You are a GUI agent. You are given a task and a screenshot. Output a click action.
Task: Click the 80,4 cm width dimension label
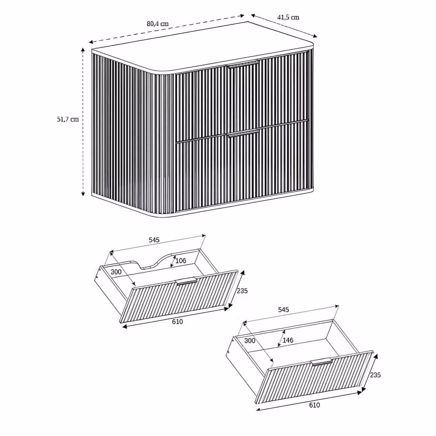pyautogui.click(x=158, y=24)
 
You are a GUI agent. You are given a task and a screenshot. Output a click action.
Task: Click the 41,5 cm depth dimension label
pyautogui.click(x=288, y=17)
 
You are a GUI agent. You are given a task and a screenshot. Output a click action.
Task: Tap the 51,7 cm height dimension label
pyautogui.click(x=68, y=119)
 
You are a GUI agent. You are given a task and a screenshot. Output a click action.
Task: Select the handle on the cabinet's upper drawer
pyautogui.click(x=243, y=64)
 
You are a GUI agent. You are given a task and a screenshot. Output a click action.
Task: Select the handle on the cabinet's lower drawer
pyautogui.click(x=243, y=133)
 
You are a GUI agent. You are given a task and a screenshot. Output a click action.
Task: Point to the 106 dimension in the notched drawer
pyautogui.click(x=181, y=261)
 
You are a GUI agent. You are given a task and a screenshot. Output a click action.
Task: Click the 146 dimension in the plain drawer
pyautogui.click(x=288, y=340)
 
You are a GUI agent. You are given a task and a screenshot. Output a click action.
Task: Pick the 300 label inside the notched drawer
pyautogui.click(x=116, y=272)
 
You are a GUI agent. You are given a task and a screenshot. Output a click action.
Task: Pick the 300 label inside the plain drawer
pyautogui.click(x=250, y=341)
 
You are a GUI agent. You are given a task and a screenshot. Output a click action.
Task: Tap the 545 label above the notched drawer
pyautogui.click(x=154, y=240)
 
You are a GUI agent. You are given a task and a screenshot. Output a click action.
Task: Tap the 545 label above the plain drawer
pyautogui.click(x=283, y=309)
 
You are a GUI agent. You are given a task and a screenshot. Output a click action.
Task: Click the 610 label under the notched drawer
pyautogui.click(x=177, y=322)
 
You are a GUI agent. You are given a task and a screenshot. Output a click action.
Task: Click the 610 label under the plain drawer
pyautogui.click(x=314, y=405)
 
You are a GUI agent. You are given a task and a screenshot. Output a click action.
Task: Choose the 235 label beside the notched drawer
pyautogui.click(x=242, y=291)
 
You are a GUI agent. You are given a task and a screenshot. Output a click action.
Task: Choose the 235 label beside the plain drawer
pyautogui.click(x=375, y=375)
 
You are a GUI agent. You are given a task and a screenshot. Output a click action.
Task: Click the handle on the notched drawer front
pyautogui.click(x=186, y=281)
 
